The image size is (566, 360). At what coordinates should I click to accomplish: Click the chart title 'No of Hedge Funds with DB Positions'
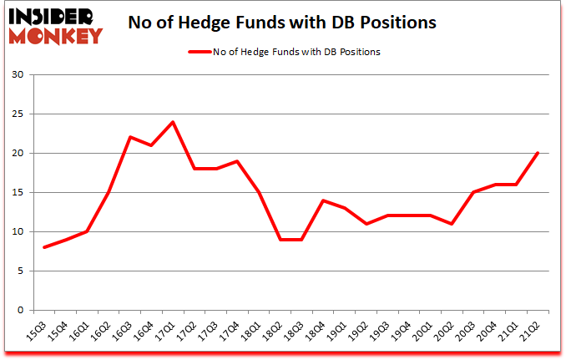coord(282,23)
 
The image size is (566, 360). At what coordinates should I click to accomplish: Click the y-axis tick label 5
coord(19,271)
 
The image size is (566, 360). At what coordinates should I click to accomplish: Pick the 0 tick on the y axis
coord(19,310)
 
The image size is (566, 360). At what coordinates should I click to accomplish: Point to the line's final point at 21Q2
coord(537,153)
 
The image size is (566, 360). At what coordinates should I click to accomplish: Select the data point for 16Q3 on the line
coord(131,137)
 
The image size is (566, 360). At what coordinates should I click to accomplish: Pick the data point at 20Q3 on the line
coord(472,192)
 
